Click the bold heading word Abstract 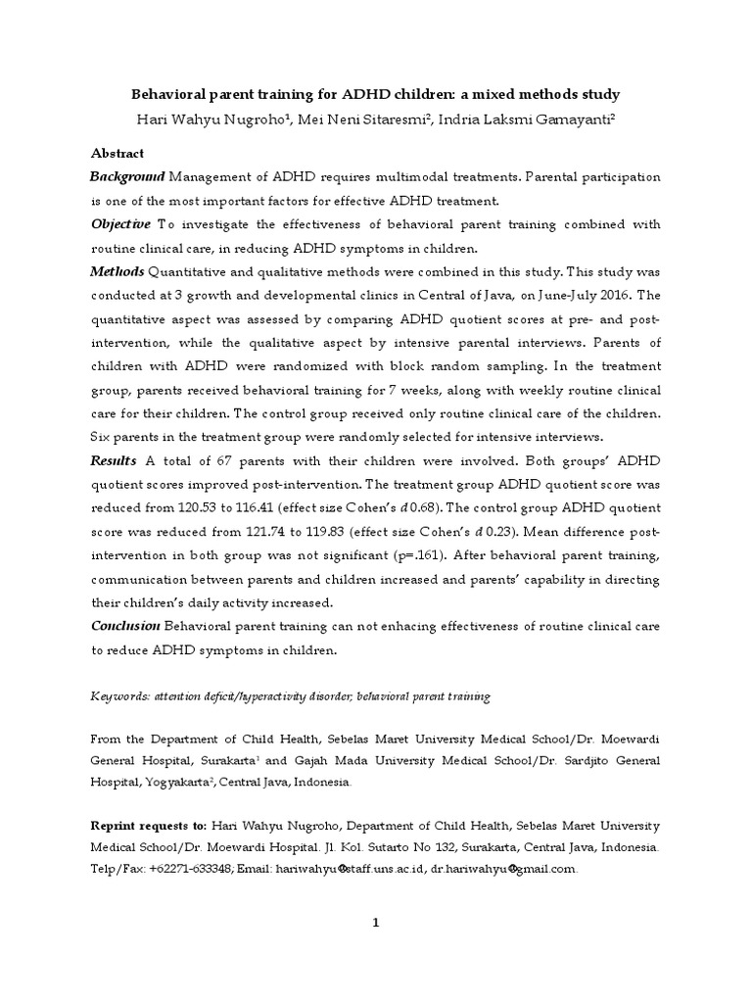pyautogui.click(x=117, y=154)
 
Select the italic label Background pyautogui.click(x=127, y=177)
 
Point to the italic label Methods pyautogui.click(x=117, y=271)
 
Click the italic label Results pyautogui.click(x=114, y=460)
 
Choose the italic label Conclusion pyautogui.click(x=125, y=626)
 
